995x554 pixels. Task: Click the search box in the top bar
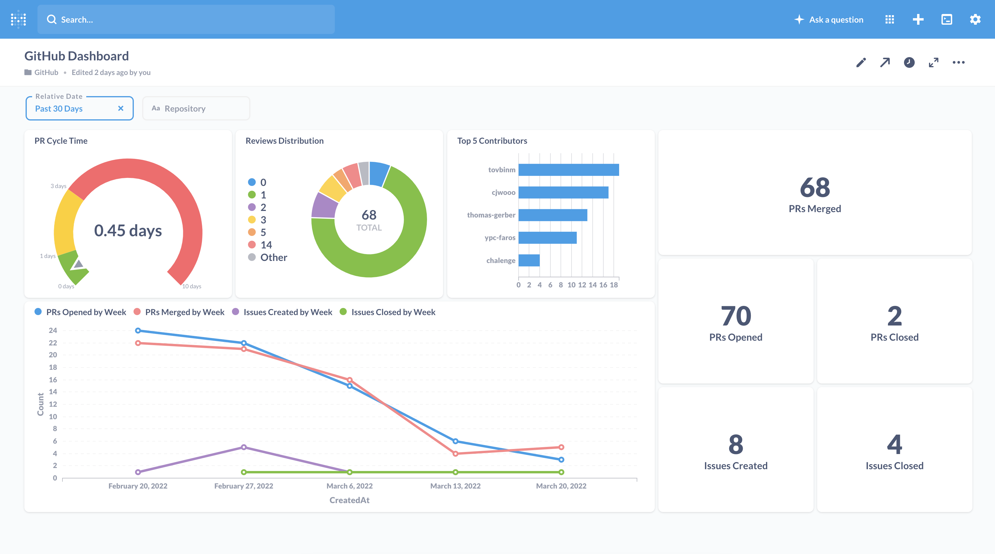point(185,19)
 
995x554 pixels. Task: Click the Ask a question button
point(829,19)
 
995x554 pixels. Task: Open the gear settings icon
point(975,19)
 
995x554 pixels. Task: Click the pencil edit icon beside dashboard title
point(861,62)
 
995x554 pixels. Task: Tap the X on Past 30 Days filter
point(120,109)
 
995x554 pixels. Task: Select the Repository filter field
point(196,109)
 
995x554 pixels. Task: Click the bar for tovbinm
point(568,170)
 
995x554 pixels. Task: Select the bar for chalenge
point(529,260)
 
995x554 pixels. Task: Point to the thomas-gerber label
point(491,215)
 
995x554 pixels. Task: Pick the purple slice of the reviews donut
point(324,206)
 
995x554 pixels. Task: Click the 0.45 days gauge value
point(128,231)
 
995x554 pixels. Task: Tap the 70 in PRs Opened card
point(735,316)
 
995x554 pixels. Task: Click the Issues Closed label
point(894,466)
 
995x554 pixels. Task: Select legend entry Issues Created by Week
point(287,312)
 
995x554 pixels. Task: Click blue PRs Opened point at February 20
point(138,330)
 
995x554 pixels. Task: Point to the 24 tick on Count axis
point(53,330)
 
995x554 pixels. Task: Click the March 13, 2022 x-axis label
point(455,486)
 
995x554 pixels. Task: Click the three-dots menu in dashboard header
point(958,62)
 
